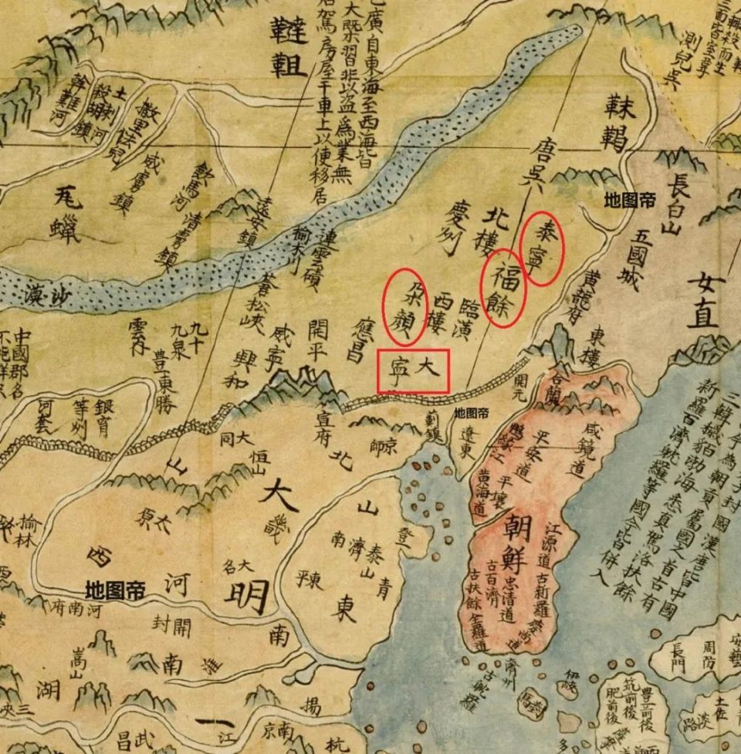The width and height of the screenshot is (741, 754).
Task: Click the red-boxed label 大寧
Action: click(x=413, y=370)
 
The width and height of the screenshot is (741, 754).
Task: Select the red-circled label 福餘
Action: click(x=504, y=287)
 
